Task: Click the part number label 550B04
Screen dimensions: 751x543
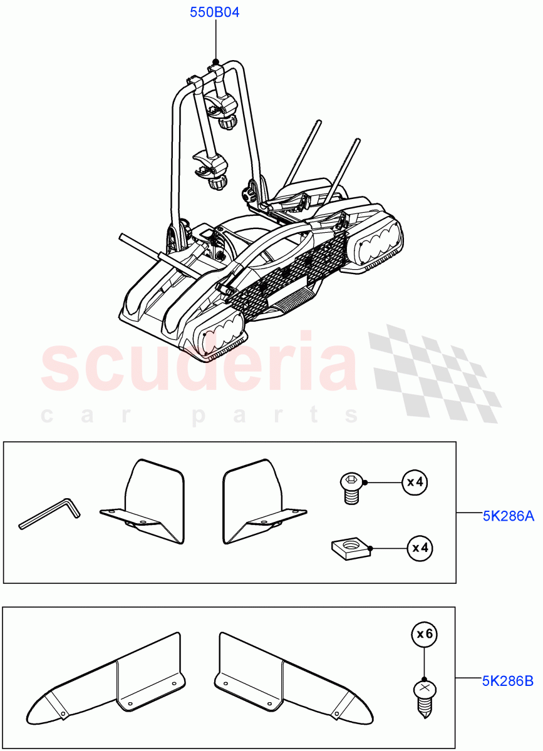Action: [215, 13]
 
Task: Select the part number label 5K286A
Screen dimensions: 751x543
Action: [507, 516]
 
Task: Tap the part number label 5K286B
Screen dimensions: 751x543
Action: [507, 681]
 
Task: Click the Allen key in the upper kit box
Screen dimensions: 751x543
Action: [49, 513]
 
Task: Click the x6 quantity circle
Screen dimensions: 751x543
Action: [425, 634]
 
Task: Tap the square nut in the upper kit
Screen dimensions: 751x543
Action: [351, 549]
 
